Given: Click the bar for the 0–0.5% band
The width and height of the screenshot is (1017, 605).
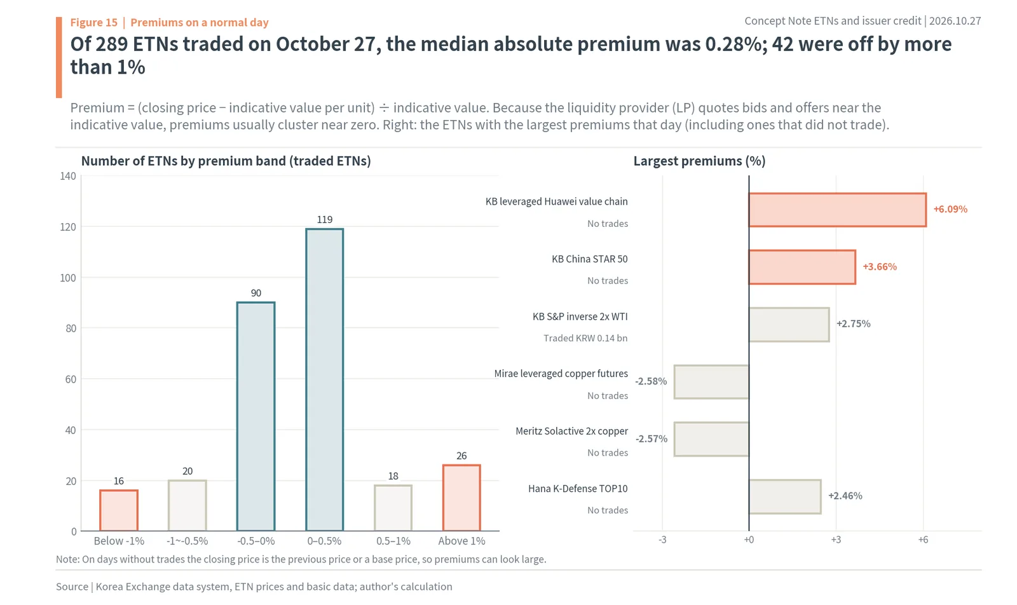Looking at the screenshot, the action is [324, 379].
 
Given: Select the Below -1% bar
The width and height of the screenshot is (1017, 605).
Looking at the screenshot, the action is [118, 510].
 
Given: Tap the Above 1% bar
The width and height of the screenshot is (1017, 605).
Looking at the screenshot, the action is [461, 498].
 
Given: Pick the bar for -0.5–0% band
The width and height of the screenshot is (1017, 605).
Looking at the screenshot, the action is [256, 416].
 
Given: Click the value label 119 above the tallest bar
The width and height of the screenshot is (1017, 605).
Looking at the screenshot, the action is [325, 220].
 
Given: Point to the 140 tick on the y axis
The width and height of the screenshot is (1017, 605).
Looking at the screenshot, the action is [68, 176].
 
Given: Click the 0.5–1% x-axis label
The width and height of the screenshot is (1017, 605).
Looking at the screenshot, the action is [393, 541].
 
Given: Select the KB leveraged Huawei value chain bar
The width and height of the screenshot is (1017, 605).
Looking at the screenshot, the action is [838, 210].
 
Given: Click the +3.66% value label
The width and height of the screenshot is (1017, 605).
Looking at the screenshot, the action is [880, 267].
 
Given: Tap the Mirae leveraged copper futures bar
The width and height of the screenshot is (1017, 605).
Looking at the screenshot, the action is [711, 382].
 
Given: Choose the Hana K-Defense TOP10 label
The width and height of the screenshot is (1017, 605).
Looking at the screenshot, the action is [578, 489].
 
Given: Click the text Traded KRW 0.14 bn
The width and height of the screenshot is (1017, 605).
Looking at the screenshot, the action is [585, 338].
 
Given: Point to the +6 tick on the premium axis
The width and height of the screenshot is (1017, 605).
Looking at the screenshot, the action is [923, 540].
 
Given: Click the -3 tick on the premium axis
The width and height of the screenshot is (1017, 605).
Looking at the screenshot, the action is [662, 540].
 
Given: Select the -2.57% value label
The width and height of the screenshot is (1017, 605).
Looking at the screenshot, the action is [652, 439].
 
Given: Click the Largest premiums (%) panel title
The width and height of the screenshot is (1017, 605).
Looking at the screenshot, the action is [699, 161].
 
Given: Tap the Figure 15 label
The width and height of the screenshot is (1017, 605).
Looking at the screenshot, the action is [93, 22].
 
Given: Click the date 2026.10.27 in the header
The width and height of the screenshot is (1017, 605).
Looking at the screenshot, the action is [955, 21].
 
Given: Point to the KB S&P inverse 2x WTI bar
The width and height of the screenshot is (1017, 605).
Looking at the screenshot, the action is [789, 325].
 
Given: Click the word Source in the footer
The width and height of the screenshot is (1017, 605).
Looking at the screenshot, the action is [72, 587].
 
